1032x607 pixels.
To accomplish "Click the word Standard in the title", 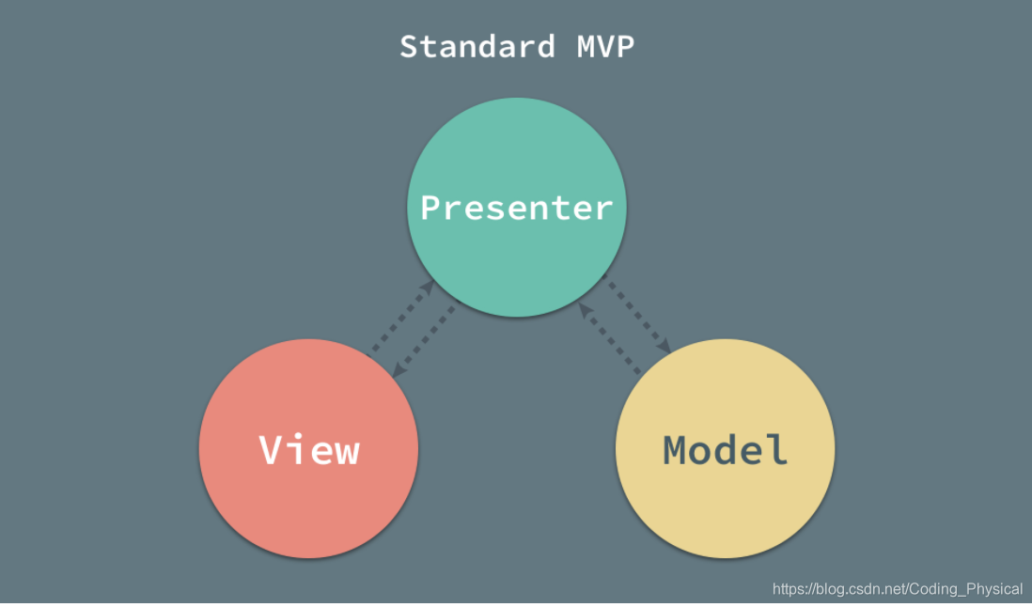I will click(477, 46).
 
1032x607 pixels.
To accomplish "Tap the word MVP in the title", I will click(604, 46).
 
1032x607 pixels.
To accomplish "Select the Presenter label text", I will click(516, 207).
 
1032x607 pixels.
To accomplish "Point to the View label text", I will click(309, 449).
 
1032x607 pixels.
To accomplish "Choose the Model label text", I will click(726, 449).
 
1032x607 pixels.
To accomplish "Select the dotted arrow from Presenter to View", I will click(423, 342).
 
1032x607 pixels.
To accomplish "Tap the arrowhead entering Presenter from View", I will click(428, 286).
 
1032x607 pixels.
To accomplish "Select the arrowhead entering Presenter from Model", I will click(585, 309).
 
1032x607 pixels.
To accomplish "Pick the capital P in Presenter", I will click(430, 207).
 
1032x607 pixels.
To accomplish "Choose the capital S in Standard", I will click(410, 46).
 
